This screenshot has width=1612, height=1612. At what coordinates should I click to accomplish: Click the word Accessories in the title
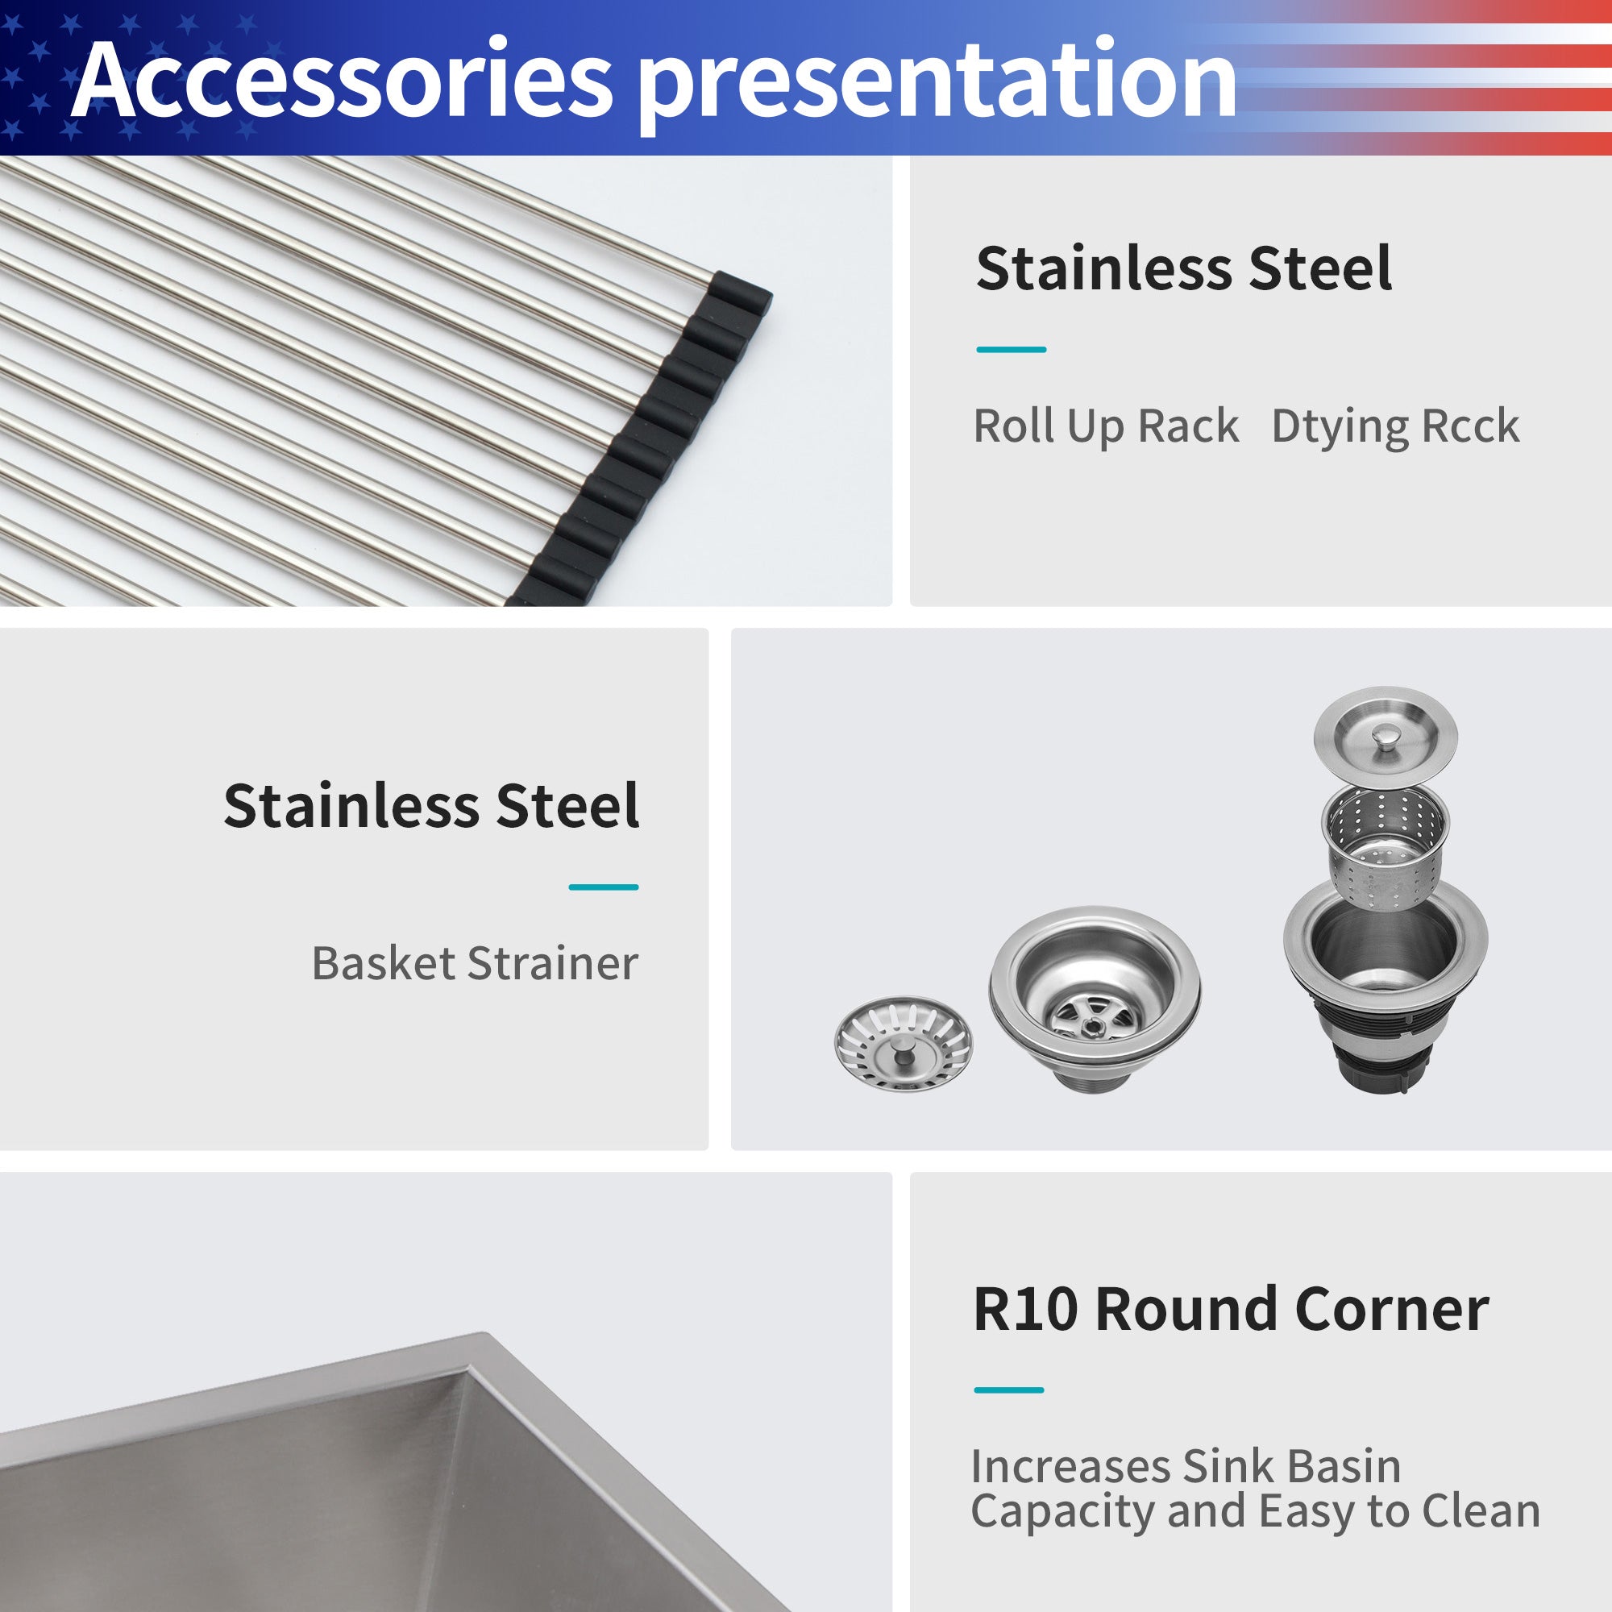pos(342,81)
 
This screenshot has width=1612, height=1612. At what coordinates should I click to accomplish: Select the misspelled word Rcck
pos(1470,426)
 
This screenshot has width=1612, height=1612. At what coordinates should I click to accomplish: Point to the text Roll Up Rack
pos(1106,426)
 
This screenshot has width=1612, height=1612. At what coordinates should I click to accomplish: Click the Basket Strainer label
pos(475,963)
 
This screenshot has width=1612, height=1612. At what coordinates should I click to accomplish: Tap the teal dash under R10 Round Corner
pos(1009,1390)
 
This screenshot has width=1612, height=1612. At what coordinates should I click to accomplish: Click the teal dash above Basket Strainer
pos(603,887)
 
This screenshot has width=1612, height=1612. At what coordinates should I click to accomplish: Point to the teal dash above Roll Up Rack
pos(1012,350)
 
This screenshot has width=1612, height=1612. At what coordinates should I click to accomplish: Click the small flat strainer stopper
pos(904,1044)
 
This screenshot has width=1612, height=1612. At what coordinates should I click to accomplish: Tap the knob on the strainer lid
pos(1385,736)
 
